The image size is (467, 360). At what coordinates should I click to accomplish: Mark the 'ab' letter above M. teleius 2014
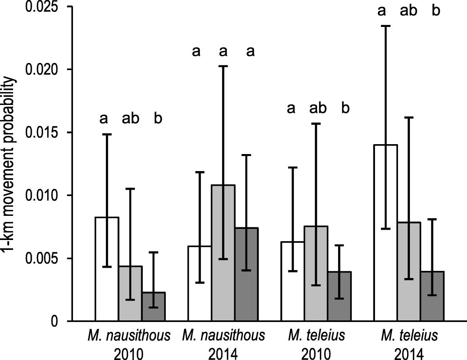pyautogui.click(x=408, y=11)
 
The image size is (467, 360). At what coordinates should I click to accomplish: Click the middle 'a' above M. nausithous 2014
pyautogui.click(x=223, y=51)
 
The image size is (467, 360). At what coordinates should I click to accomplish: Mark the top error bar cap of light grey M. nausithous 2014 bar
pyautogui.click(x=223, y=66)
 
